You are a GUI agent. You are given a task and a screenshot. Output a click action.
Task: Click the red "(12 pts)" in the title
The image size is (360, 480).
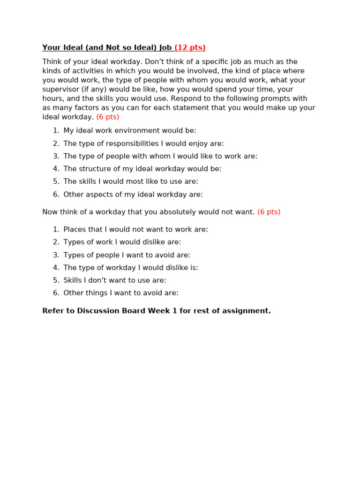coord(190,48)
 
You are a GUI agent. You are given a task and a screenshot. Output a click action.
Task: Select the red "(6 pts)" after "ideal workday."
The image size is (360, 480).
coord(108,117)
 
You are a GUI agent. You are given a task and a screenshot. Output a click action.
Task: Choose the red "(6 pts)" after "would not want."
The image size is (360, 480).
coord(269,212)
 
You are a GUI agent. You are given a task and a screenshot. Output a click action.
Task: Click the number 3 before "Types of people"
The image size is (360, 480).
coord(55,255)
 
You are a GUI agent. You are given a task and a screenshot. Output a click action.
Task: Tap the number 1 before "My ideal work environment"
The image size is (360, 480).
coord(55,131)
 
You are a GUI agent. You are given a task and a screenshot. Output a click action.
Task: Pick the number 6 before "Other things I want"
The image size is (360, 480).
coord(55,293)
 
